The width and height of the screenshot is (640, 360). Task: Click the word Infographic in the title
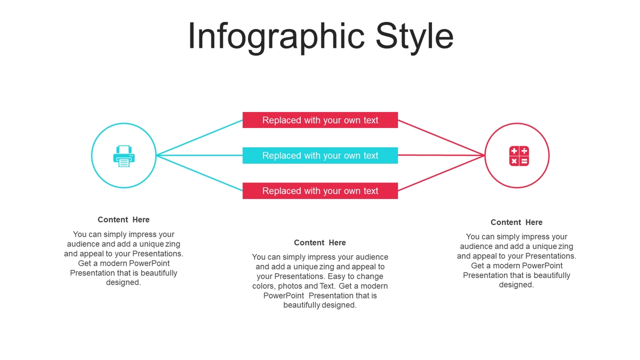[276, 37]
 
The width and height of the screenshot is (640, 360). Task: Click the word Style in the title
[414, 37]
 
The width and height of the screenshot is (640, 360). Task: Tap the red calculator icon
[519, 156]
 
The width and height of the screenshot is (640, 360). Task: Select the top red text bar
[320, 120]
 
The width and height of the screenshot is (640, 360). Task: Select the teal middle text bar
[320, 155]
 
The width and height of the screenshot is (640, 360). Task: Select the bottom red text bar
[320, 191]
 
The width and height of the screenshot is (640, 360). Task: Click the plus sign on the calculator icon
[514, 151]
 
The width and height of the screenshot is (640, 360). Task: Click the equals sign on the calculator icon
[524, 162]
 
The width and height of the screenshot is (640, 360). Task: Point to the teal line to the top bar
[199, 138]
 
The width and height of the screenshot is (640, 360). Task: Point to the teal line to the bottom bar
[199, 173]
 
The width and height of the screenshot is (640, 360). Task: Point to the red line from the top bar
[442, 138]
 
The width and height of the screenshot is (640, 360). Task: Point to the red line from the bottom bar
[442, 173]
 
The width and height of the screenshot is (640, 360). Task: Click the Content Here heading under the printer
[123, 220]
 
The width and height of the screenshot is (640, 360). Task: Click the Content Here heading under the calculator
[517, 222]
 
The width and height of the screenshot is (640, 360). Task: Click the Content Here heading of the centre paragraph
[319, 243]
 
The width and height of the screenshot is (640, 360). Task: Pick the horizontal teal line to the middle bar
[199, 155]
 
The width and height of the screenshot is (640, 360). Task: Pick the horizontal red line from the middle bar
[442, 155]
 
